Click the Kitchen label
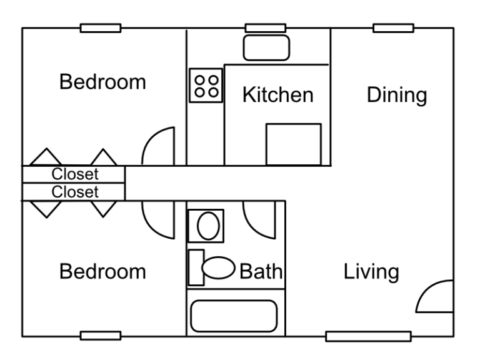277,96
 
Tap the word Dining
397,96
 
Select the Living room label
371,272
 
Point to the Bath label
261,272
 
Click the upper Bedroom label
102,82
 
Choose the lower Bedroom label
102,272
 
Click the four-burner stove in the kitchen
206,85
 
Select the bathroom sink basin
206,226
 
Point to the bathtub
234,316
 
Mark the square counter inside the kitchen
293,144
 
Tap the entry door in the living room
435,297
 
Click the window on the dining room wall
393,28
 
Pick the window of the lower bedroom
101,336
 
